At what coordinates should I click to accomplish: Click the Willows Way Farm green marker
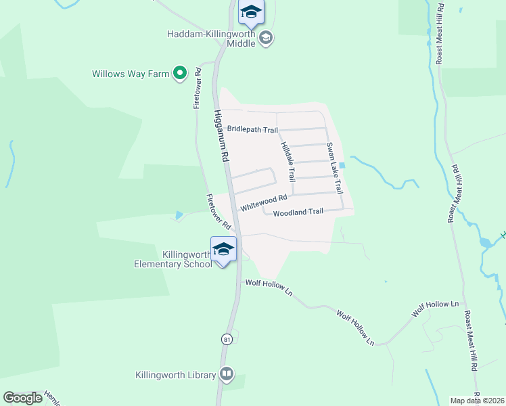click(x=179, y=72)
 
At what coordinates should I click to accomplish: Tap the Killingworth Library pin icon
click(x=227, y=374)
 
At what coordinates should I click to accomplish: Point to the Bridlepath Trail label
click(x=252, y=129)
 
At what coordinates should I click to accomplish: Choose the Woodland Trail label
click(x=298, y=212)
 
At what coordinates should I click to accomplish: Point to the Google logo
click(x=22, y=398)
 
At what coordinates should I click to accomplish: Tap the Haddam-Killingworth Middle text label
click(x=212, y=39)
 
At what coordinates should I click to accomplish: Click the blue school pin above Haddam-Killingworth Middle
click(x=251, y=12)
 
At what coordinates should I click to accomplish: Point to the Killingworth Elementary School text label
click(x=172, y=259)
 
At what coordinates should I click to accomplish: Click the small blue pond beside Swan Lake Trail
click(x=342, y=165)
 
